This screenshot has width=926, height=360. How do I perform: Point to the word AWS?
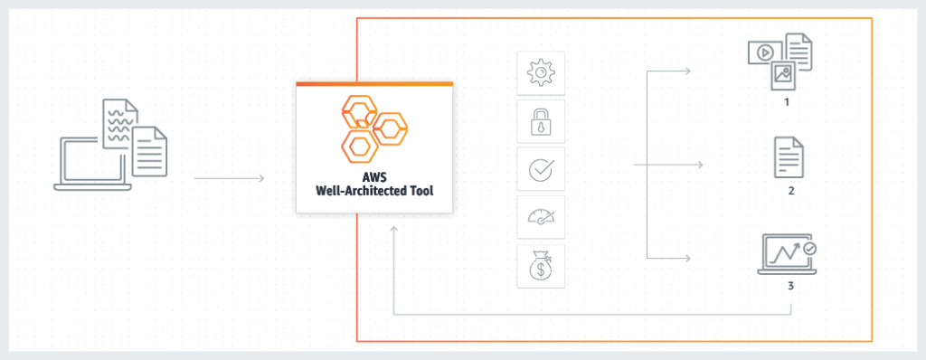[x=373, y=176]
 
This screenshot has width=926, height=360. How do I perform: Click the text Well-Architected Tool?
[x=373, y=191]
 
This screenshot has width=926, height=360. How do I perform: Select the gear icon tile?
[x=541, y=72]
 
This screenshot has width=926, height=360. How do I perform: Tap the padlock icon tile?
[x=541, y=121]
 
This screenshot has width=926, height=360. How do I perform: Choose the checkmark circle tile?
[x=541, y=169]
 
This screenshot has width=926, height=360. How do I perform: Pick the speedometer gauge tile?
[x=541, y=217]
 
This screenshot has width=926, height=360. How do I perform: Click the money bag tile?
[x=541, y=266]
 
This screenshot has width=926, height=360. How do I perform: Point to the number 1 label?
[x=788, y=103]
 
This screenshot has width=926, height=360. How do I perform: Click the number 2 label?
[x=791, y=191]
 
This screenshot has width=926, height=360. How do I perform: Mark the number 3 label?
[x=790, y=287]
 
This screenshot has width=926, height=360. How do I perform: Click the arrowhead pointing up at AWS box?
[x=393, y=232]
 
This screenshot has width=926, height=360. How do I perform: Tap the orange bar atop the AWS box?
[x=373, y=83]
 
